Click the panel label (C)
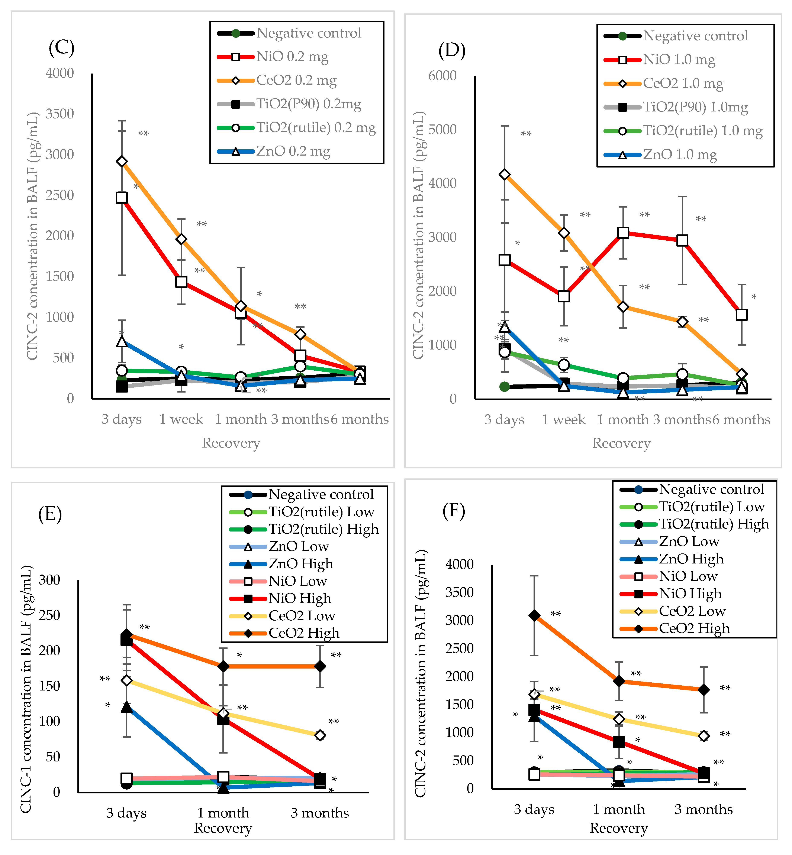(x=61, y=48)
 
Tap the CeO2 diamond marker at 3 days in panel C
(x=122, y=162)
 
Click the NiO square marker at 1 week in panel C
(x=181, y=282)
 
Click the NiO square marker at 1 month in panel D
(x=623, y=233)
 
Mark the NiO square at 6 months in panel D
(x=741, y=315)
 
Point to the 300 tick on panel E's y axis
(x=49, y=580)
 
